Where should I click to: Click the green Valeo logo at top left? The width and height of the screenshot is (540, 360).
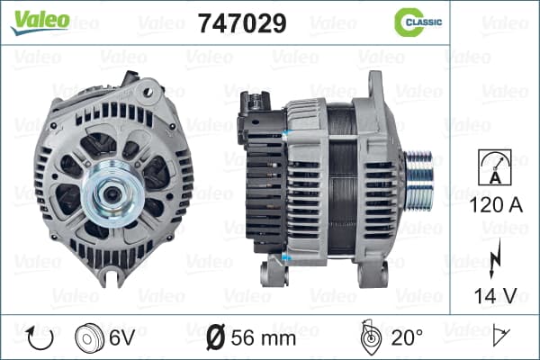(x=40, y=22)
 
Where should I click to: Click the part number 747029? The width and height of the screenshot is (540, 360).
(x=242, y=23)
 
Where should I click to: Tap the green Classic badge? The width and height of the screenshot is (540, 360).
(x=418, y=22)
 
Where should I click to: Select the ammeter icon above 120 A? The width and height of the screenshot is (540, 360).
(x=495, y=167)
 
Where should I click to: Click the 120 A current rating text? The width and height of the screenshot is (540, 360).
(x=496, y=205)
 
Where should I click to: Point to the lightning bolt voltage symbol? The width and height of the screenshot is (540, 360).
(x=495, y=257)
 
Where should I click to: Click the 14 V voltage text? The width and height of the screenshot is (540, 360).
(x=496, y=296)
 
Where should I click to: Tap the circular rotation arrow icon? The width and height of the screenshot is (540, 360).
(x=40, y=337)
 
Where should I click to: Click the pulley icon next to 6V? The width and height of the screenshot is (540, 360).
(x=89, y=338)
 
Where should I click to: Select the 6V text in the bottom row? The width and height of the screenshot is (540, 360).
(x=121, y=337)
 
